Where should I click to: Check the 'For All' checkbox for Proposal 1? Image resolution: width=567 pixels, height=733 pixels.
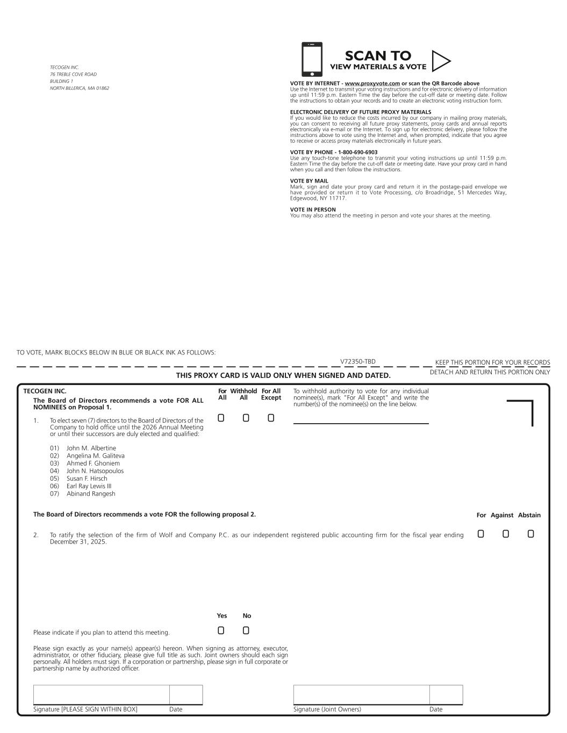221,418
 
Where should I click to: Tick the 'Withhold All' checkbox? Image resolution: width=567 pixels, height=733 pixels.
246,418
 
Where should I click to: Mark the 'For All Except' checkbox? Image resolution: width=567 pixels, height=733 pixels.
271,418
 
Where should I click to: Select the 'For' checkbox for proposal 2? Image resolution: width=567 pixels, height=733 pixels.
480,534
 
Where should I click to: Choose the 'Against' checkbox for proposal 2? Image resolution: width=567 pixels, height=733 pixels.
506,534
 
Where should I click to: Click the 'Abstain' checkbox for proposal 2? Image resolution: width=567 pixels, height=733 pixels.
531,534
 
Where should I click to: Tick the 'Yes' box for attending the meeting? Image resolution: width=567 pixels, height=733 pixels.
221,630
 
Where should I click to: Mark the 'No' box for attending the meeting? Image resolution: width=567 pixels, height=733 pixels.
246,630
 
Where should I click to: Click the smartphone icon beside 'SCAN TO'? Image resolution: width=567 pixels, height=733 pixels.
312,60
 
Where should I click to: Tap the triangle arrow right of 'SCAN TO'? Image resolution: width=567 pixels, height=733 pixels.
440,61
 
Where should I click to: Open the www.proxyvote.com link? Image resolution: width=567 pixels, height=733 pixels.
372,84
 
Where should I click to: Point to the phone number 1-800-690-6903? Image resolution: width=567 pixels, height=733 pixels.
357,153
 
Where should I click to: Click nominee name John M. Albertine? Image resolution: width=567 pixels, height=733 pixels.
91,448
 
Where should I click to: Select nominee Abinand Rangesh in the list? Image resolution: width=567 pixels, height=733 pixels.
91,494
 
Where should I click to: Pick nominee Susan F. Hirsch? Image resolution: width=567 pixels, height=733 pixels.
87,478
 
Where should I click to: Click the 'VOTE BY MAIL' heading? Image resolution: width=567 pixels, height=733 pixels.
309,181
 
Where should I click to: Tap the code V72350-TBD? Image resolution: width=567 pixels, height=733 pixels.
358,362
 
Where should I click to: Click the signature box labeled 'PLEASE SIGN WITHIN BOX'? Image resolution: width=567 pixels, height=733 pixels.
101,694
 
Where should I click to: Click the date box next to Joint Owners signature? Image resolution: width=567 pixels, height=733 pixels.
446,694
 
